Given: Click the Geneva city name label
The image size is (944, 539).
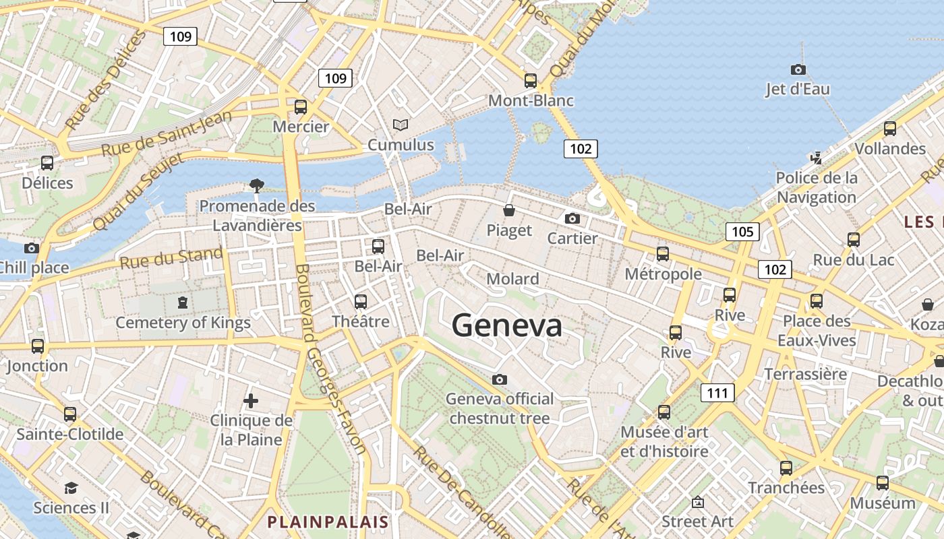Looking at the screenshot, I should click(507, 325).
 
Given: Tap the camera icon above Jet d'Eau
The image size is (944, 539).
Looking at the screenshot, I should click(798, 69).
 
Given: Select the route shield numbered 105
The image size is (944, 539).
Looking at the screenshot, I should click(742, 232).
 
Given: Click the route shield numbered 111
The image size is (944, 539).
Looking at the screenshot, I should click(717, 392).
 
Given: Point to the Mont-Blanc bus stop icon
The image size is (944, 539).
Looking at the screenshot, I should click(531, 81).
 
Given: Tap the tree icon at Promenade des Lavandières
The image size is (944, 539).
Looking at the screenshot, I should click(256, 185).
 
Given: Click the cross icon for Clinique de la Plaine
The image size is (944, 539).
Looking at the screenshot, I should click(251, 401).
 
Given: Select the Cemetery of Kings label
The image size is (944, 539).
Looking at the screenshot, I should click(183, 323).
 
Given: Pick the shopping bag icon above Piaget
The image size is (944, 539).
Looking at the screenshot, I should click(509, 211).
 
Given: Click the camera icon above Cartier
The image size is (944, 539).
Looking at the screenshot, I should click(572, 218).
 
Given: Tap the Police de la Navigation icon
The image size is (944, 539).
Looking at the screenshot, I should click(816, 158).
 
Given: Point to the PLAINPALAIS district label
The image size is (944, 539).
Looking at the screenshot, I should click(328, 521).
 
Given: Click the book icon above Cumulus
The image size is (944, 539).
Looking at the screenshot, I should click(401, 125).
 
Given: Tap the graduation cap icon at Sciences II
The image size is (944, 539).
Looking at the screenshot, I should click(71, 487).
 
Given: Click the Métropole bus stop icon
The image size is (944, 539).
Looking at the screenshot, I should click(663, 254).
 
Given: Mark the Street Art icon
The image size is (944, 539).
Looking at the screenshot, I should click(698, 502).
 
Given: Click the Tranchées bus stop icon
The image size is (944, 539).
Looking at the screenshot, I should click(786, 468).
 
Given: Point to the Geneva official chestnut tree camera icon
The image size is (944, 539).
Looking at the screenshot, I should click(500, 379).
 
